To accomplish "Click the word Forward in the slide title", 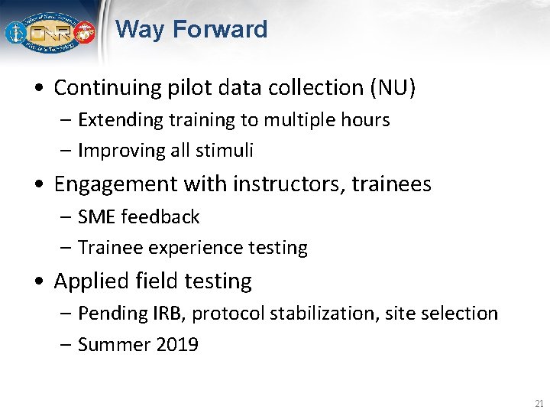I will point(220,30).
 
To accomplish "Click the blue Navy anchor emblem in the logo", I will point(15,33).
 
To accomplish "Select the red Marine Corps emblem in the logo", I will point(84,34).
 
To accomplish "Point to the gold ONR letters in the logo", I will point(49,34).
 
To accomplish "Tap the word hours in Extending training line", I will point(365,120).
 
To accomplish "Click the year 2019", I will point(177,345).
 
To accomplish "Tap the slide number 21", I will point(539,403).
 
